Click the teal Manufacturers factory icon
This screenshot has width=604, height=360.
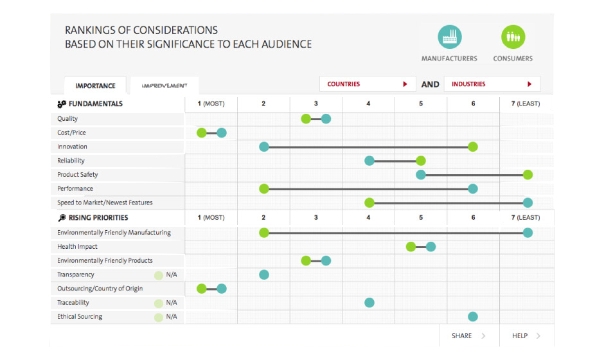[450, 37]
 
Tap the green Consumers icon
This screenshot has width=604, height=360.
[513, 37]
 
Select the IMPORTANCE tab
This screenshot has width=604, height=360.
[95, 86]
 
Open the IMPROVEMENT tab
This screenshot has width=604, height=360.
[164, 85]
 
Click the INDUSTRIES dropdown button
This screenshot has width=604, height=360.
[492, 84]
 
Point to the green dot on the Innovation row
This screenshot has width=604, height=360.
[473, 147]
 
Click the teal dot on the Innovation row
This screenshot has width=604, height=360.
[263, 147]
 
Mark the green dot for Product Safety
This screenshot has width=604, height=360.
[528, 175]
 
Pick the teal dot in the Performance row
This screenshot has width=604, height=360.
[473, 188]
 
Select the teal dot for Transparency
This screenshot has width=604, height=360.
[263, 274]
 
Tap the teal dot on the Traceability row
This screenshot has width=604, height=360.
[369, 303]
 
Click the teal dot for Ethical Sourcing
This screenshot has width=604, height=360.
[473, 316]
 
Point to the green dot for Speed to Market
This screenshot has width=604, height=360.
[369, 203]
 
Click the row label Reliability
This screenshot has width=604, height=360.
[71, 161]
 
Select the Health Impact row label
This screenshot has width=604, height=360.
[77, 247]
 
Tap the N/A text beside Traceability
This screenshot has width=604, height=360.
[172, 303]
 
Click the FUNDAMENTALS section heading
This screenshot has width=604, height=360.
[95, 104]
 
